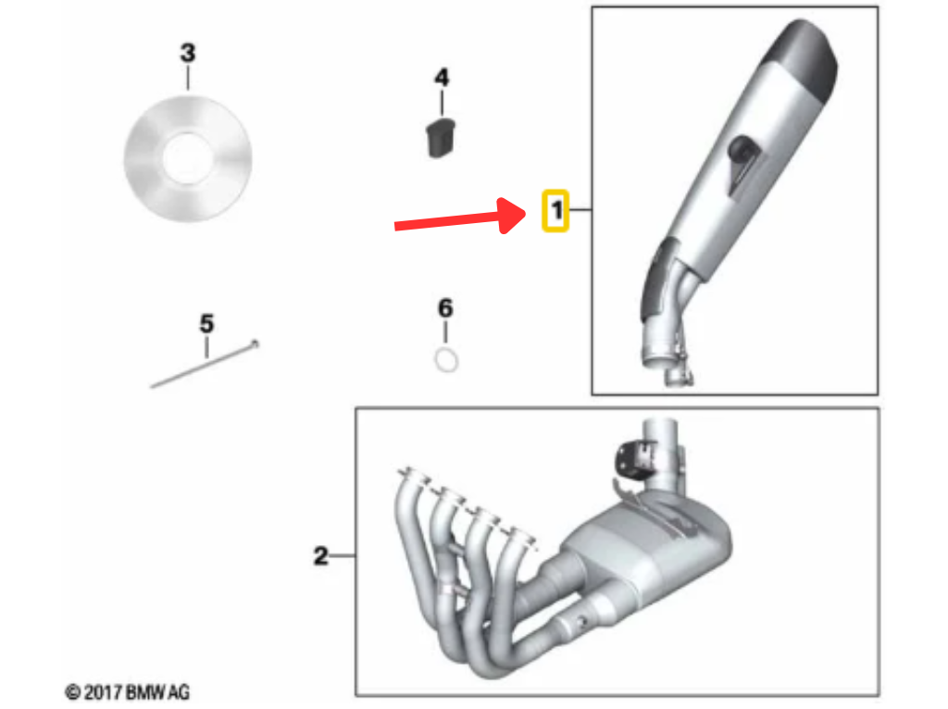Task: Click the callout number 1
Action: pyautogui.click(x=556, y=210)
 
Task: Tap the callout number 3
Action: pyautogui.click(x=188, y=53)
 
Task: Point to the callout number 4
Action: pyautogui.click(x=442, y=78)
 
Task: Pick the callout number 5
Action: pyautogui.click(x=206, y=324)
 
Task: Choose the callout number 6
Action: pyautogui.click(x=445, y=308)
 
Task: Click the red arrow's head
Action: pyautogui.click(x=513, y=215)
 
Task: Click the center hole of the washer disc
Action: pyautogui.click(x=187, y=157)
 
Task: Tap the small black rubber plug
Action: pyautogui.click(x=441, y=139)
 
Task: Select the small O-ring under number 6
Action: pyautogui.click(x=446, y=361)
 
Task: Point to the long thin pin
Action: pyautogui.click(x=205, y=364)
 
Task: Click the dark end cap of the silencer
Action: pyautogui.click(x=805, y=57)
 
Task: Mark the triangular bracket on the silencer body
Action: pyautogui.click(x=744, y=163)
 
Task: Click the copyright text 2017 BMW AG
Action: pyautogui.click(x=127, y=692)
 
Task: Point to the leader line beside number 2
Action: pyautogui.click(x=343, y=555)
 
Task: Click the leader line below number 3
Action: pyautogui.click(x=188, y=78)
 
